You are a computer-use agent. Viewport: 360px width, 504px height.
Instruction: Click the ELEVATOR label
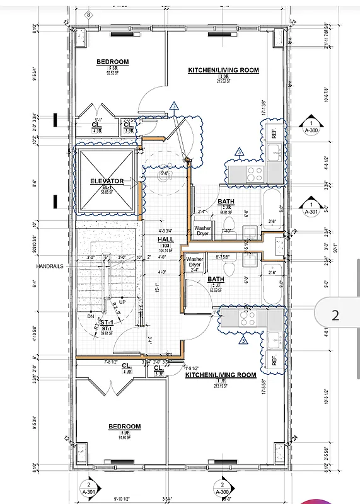point(107,181)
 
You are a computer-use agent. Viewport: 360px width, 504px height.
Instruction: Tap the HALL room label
point(165,239)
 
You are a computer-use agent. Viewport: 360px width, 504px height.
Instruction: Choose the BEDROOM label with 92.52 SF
point(113,62)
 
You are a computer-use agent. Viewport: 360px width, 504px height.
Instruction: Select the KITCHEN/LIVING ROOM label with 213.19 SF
point(221,375)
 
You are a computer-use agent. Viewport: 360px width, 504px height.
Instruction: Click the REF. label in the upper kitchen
point(274,133)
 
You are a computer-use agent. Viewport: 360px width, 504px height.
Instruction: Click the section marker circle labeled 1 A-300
point(311,124)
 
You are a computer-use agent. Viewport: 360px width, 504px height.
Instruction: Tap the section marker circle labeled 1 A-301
point(311,206)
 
